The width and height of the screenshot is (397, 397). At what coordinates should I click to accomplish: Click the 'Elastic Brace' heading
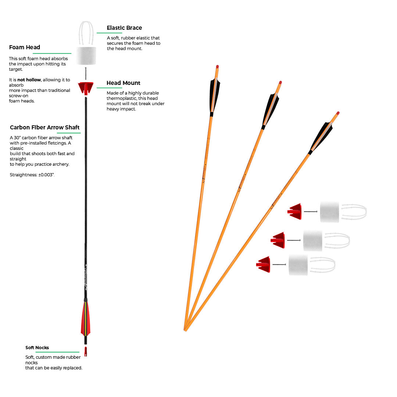[124, 28]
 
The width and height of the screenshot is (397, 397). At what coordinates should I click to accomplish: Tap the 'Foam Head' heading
[25, 47]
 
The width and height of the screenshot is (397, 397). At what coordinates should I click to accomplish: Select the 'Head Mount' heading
[124, 83]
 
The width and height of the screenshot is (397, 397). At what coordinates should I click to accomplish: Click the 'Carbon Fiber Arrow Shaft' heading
[45, 128]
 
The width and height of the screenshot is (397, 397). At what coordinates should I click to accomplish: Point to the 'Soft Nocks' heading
[37, 348]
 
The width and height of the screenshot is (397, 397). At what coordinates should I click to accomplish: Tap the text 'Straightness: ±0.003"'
[32, 175]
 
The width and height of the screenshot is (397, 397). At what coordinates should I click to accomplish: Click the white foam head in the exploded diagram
[86, 56]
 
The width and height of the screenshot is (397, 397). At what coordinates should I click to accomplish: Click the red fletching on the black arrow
[85, 318]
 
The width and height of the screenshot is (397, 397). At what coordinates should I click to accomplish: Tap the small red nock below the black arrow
[86, 351]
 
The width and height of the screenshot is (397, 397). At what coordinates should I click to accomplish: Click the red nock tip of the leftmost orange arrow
[217, 67]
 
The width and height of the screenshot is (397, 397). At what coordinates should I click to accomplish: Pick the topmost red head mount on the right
[295, 211]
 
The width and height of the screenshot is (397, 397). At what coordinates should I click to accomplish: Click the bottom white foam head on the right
[298, 265]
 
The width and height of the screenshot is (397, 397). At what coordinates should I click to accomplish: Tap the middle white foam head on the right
[313, 241]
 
